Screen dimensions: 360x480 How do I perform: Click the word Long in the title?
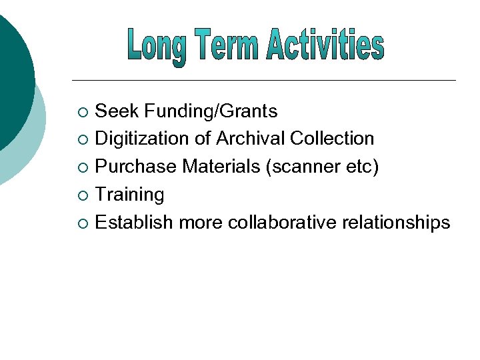157,46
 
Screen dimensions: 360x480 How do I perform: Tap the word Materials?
219,167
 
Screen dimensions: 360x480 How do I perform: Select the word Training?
129,195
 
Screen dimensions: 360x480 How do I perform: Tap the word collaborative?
283,223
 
